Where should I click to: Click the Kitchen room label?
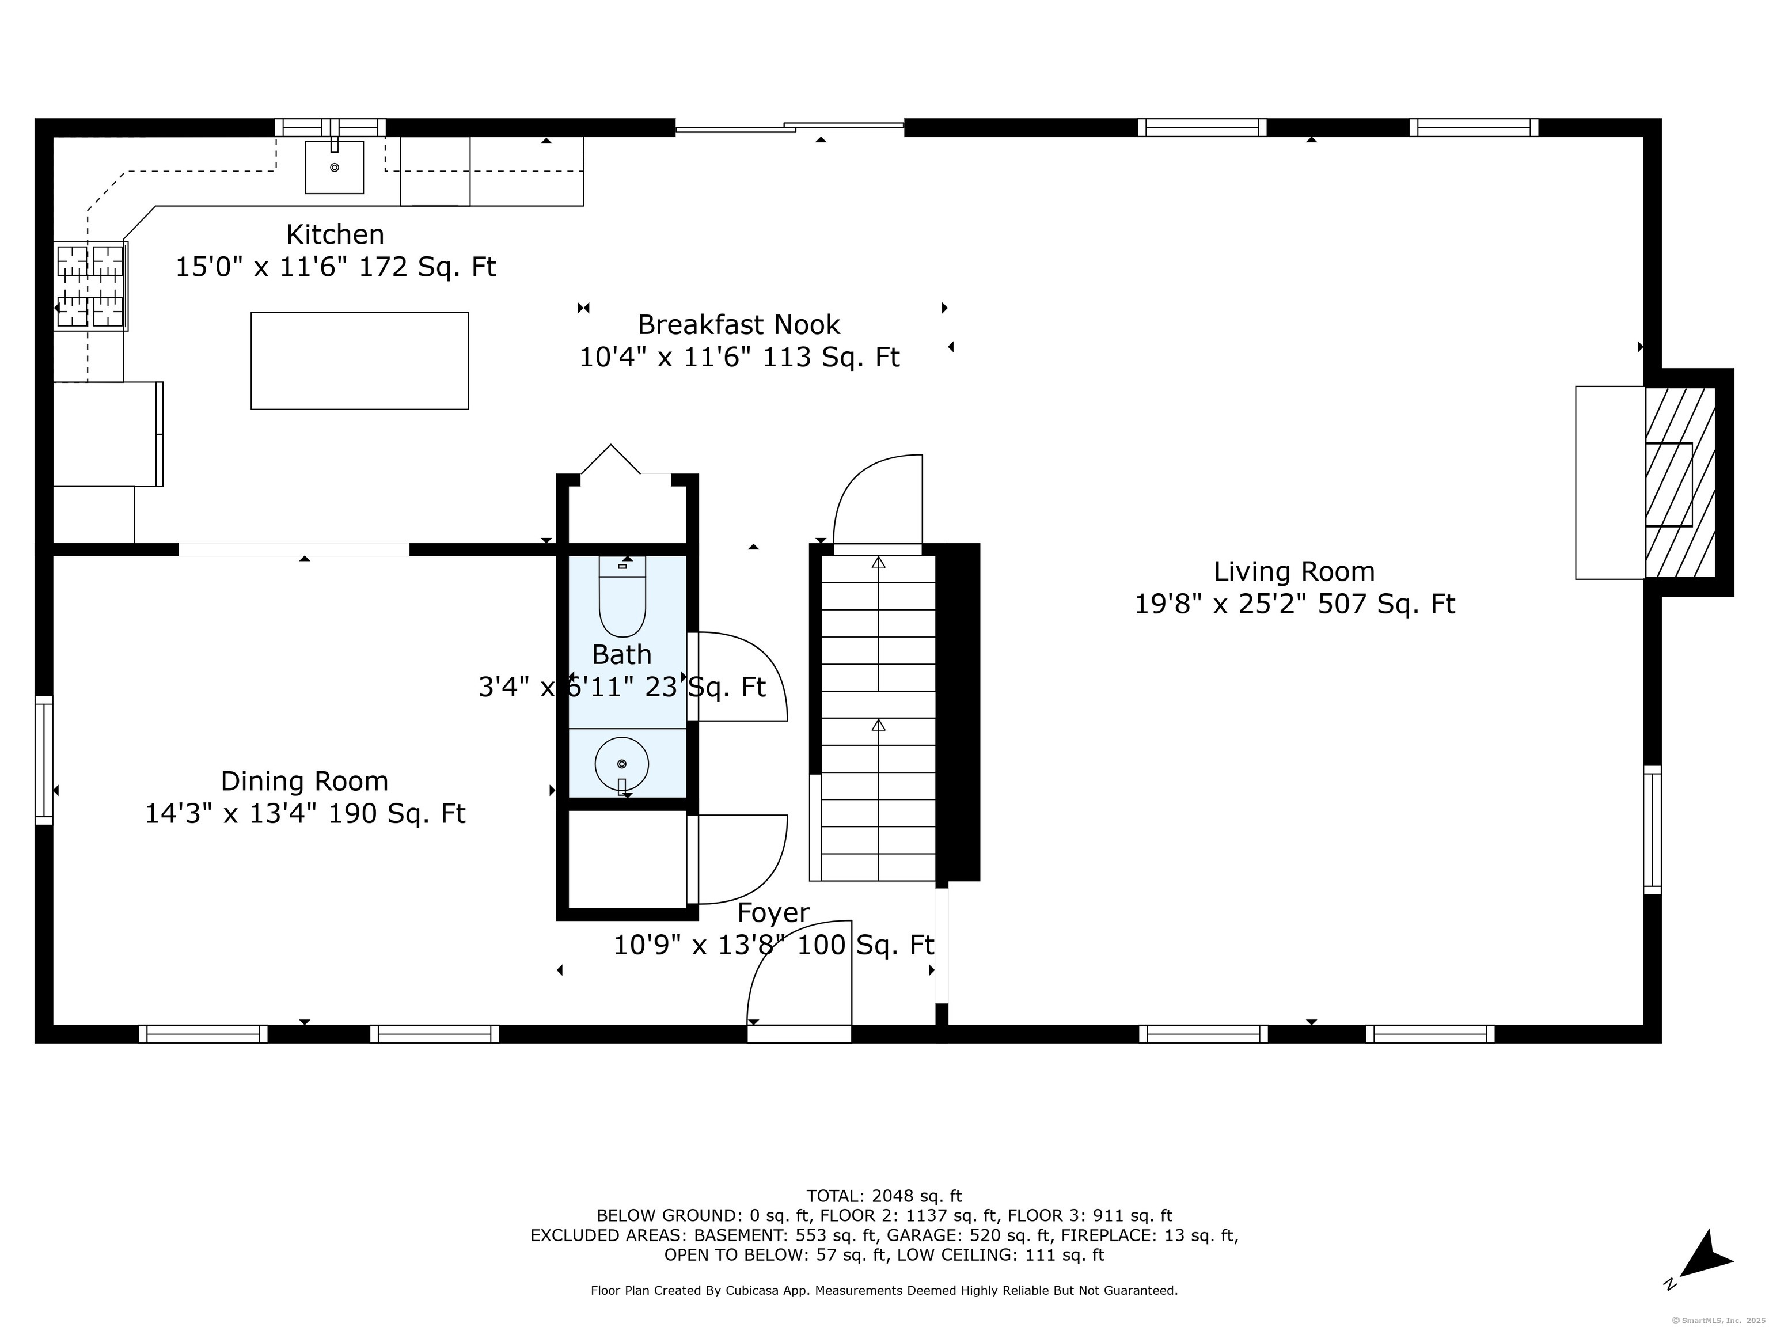[x=335, y=234]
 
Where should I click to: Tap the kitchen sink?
[x=335, y=167]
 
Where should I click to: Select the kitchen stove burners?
[x=90, y=286]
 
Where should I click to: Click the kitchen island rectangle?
[x=359, y=361]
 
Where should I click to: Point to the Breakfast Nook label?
[x=738, y=325]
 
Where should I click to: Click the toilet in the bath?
[x=621, y=597]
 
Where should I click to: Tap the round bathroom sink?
[x=621, y=764]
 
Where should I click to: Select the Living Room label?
[x=1294, y=571]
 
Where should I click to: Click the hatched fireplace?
[x=1679, y=482]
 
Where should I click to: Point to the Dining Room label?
[x=304, y=780]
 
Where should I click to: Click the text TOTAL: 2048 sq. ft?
[x=884, y=1196]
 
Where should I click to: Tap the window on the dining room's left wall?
[x=44, y=760]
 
